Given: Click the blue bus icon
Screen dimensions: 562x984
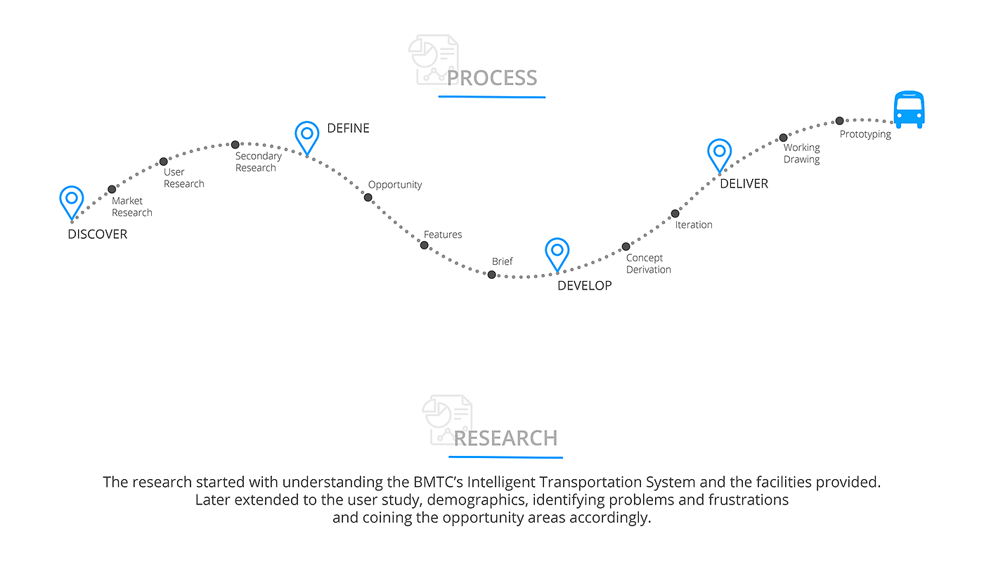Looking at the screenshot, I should click(x=908, y=110).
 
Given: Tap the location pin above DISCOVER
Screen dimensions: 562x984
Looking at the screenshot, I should click(x=72, y=201).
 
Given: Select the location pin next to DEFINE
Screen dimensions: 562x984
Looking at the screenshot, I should click(x=307, y=136).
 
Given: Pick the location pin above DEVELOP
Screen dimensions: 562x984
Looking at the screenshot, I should click(x=557, y=253).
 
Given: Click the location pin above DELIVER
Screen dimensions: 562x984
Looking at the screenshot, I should click(x=719, y=154).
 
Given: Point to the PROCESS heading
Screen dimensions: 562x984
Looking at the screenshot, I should click(x=492, y=78).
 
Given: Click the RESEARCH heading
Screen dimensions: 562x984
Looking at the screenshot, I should click(x=505, y=438).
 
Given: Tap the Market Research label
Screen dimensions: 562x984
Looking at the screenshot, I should click(x=132, y=207).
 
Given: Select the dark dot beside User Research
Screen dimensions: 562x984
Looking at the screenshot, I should click(x=163, y=162).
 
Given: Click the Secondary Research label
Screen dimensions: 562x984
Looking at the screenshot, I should click(x=258, y=162).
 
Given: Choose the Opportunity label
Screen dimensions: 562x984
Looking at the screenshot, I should click(x=395, y=185).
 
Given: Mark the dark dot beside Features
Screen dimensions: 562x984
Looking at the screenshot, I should click(x=425, y=245).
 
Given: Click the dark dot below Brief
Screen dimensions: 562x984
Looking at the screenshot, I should click(x=491, y=275).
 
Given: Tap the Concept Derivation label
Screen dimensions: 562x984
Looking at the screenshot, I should click(x=648, y=263).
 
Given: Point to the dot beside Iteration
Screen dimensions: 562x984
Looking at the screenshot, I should click(x=675, y=214).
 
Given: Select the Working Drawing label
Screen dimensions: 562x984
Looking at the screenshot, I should click(x=802, y=153).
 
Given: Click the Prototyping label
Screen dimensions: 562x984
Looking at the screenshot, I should click(x=865, y=134).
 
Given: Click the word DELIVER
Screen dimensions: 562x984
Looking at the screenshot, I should click(x=744, y=183).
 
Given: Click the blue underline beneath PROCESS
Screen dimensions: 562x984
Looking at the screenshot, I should click(x=492, y=96).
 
